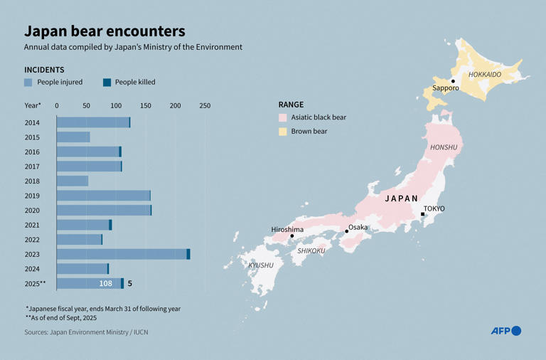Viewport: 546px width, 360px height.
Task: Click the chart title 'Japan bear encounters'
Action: (x=105, y=31)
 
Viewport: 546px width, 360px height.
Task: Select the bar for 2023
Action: (x=122, y=254)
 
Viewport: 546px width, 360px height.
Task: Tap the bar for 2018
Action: (x=72, y=181)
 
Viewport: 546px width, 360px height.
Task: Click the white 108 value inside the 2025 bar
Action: (x=105, y=284)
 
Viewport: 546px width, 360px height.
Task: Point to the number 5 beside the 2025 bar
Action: (x=129, y=284)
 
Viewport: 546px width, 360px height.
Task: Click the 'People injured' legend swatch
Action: (x=28, y=83)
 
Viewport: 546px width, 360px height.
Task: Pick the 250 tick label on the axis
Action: (x=205, y=106)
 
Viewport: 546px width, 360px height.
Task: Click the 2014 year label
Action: (x=32, y=122)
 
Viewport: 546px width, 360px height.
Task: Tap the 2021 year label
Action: (x=32, y=225)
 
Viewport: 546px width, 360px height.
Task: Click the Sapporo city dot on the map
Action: (x=453, y=81)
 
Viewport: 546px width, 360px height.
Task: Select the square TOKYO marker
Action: (x=423, y=214)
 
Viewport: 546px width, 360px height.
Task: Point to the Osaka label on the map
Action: (x=358, y=227)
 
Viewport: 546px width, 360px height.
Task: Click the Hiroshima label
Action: (x=287, y=229)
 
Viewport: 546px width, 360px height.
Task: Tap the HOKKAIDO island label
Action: (x=484, y=75)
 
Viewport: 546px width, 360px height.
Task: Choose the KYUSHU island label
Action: (x=260, y=265)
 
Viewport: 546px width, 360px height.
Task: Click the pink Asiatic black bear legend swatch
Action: (x=282, y=117)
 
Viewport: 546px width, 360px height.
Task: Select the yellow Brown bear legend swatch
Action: (x=282, y=132)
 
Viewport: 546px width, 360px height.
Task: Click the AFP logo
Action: (x=505, y=331)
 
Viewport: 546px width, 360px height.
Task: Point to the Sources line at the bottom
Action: (x=86, y=332)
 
